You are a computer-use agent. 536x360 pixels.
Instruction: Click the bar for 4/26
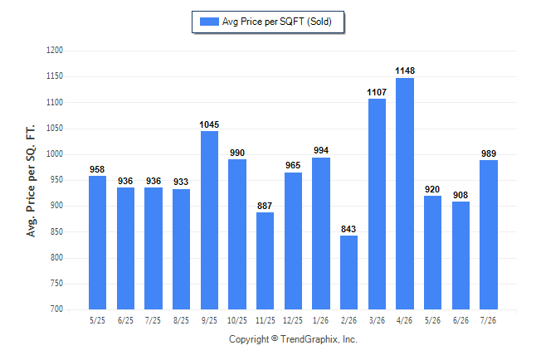click(405, 193)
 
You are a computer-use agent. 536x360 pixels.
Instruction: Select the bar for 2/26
click(348, 272)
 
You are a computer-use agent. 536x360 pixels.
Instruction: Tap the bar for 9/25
click(209, 220)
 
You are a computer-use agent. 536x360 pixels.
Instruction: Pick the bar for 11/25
click(265, 260)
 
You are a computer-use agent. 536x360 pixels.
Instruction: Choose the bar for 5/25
click(97, 243)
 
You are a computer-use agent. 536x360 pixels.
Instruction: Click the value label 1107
click(377, 92)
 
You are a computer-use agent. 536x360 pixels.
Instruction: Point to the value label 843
click(348, 229)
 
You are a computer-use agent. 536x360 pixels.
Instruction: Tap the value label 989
click(489, 153)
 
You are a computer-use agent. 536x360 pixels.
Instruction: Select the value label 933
click(181, 182)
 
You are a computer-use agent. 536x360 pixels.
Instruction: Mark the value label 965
click(293, 165)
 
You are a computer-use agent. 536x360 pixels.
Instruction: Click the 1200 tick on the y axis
click(55, 51)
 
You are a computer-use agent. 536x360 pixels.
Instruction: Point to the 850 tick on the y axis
click(56, 231)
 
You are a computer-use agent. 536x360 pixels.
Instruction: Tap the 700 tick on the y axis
click(56, 309)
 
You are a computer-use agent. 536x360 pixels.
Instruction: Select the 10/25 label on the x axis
click(237, 320)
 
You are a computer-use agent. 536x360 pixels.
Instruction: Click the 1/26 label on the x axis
click(320, 320)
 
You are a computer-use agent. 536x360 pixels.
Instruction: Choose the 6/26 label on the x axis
click(460, 320)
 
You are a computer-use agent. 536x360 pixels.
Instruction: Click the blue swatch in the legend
click(209, 22)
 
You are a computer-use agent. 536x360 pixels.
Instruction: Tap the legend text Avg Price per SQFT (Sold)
click(277, 22)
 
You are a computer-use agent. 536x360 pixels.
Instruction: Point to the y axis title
click(31, 181)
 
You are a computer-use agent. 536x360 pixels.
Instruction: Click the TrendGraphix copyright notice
click(293, 339)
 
